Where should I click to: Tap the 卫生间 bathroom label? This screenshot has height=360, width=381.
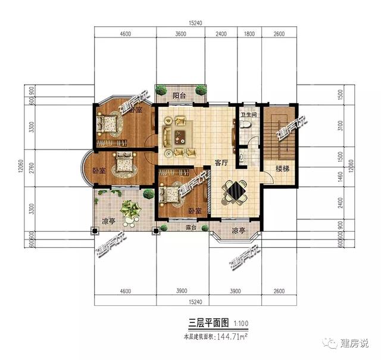coord(248,114)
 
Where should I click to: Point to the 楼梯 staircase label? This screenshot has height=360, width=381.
coord(282,169)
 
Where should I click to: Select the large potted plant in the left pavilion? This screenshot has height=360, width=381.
coord(129,209)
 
